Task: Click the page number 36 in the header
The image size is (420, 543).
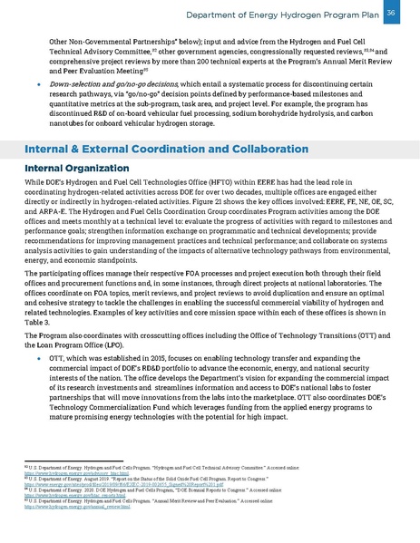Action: pos(391,13)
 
